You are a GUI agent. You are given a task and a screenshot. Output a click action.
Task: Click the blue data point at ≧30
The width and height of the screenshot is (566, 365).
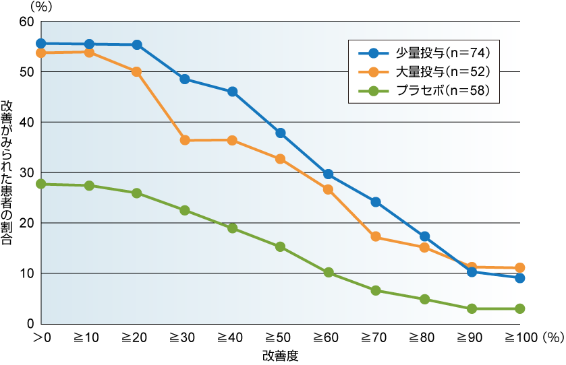point(185,79)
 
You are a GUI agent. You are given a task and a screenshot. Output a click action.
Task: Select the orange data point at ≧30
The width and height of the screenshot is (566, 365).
point(185,140)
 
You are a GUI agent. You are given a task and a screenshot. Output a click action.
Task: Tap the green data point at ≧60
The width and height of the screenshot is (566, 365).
point(329,273)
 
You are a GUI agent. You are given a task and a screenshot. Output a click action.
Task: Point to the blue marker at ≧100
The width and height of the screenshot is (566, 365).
point(519,278)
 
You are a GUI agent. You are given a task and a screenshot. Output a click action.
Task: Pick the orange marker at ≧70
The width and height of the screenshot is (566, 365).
point(376,236)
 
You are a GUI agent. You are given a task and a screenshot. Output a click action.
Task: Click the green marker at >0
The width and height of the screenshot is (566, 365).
point(41,184)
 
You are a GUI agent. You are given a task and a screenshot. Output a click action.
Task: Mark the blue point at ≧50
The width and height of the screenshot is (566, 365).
point(281,133)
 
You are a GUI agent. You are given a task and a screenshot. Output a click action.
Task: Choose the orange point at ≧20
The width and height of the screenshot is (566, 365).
point(137,71)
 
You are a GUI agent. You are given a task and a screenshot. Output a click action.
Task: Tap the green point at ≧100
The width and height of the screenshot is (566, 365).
point(519,308)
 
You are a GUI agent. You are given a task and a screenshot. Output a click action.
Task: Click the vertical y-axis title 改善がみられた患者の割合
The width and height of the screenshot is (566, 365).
point(10,172)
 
